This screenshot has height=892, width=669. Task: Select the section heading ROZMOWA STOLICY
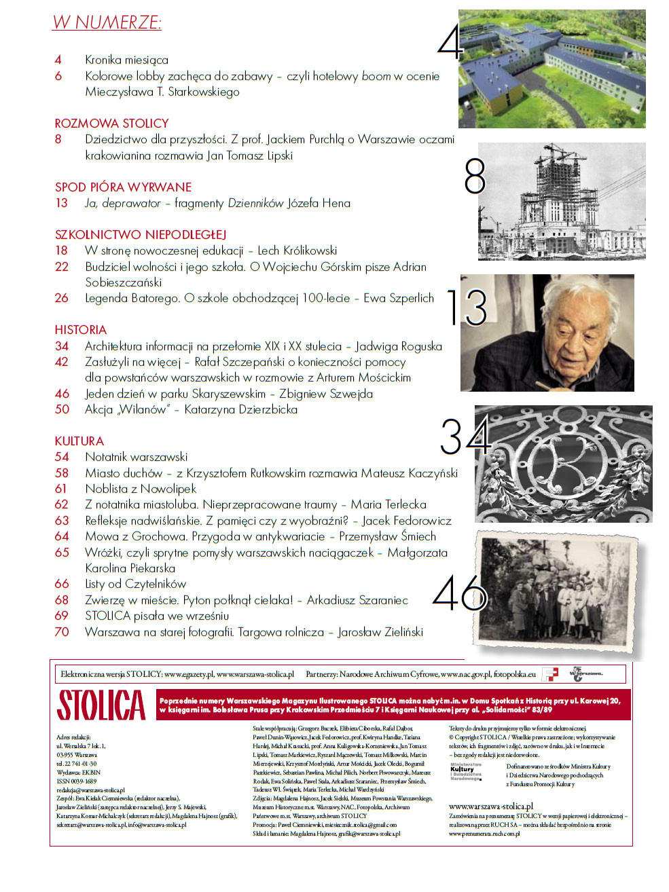tap(111, 124)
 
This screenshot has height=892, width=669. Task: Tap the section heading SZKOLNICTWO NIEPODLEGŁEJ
tap(140, 235)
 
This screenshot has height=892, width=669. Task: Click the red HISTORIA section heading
tap(81, 330)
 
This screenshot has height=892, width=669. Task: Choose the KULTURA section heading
tap(79, 441)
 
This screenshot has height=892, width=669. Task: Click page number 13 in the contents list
tap(62, 203)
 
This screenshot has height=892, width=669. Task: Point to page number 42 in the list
tap(62, 362)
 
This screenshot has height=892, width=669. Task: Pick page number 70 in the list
tap(62, 632)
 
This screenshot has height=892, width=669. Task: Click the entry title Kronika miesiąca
tap(126, 60)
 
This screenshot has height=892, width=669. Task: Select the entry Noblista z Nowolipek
tap(141, 489)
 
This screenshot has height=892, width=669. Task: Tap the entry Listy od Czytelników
tap(135, 584)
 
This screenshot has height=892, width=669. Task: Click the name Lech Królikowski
tap(297, 250)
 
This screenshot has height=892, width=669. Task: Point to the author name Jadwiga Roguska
tap(399, 346)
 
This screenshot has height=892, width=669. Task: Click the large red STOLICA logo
tap(101, 705)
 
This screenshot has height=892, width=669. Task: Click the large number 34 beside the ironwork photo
tap(465, 436)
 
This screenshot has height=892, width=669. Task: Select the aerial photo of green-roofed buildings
tap(552, 69)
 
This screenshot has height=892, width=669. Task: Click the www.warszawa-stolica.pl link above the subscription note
tap(491, 806)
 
